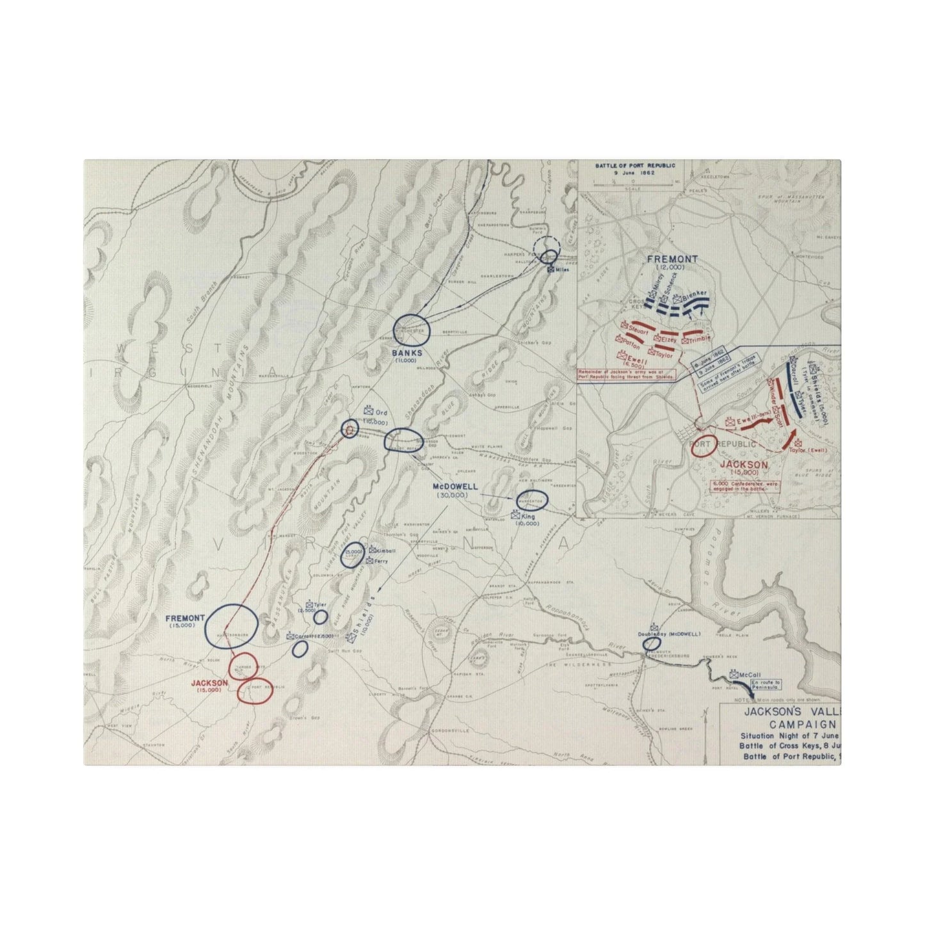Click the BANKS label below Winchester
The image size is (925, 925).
click(x=408, y=352)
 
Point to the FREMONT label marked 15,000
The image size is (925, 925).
click(x=184, y=618)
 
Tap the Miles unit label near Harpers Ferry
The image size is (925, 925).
click(x=562, y=269)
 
